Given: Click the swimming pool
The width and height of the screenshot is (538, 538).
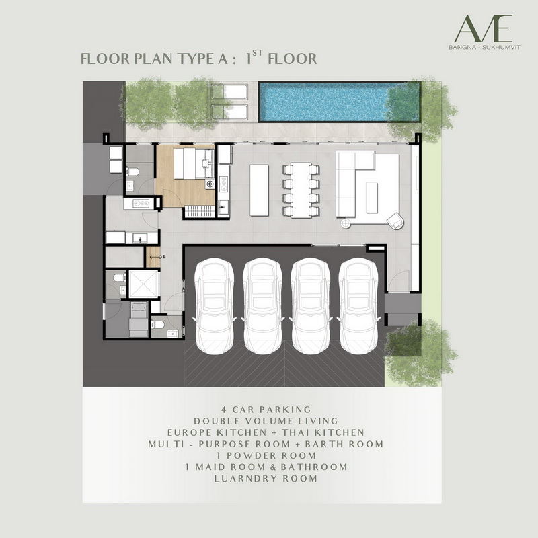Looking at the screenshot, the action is coord(340,102).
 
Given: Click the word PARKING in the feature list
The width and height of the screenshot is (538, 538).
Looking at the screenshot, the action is coord(285,410).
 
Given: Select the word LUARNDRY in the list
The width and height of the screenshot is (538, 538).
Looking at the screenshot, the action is coord(245,479).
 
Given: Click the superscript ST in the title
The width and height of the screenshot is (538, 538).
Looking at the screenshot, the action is coord(258,53).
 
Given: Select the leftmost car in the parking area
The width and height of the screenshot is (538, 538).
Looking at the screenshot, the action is coord(215,306).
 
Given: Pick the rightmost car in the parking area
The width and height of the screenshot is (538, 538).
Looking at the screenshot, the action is coord(358,306).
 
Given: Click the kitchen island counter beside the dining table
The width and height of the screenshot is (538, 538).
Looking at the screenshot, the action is coord(259,190).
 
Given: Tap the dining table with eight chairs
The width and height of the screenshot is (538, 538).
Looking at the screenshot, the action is coord(301,190).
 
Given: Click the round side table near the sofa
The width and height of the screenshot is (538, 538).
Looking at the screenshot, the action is coord(346,223).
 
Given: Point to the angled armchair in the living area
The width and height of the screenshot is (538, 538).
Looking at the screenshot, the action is coord(395,221).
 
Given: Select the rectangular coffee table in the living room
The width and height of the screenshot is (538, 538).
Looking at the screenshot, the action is coord(372,197).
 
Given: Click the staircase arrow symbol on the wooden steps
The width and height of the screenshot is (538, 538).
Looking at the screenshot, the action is coord(156,257).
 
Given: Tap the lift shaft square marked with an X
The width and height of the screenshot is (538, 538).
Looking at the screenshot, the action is coord(143,284).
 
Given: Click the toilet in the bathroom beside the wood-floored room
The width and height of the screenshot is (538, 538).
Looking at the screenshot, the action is coord(132,171).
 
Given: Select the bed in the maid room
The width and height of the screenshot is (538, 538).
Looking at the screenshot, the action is coord(139,319).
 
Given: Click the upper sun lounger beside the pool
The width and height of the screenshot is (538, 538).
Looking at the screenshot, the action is coord(229,91).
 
